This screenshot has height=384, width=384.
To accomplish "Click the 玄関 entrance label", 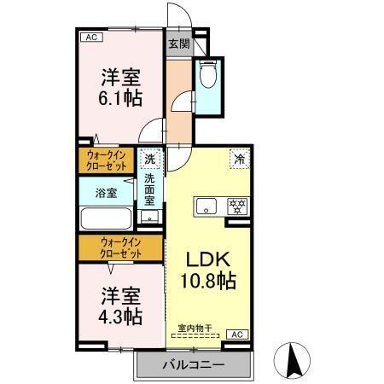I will (177, 44).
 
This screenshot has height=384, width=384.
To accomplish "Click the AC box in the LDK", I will (238, 335).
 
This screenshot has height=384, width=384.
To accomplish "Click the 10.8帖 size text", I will (207, 279).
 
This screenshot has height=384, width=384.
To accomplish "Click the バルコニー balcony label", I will (194, 365).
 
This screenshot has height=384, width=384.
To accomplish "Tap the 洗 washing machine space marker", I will (149, 160).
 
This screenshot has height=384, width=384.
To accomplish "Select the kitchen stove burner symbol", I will (236, 207).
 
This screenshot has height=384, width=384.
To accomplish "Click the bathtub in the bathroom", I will (106, 218).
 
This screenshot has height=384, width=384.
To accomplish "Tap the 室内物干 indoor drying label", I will (195, 328).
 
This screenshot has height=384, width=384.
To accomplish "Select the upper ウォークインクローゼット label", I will (107, 160).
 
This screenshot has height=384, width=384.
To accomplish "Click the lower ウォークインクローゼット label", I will (120, 248).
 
